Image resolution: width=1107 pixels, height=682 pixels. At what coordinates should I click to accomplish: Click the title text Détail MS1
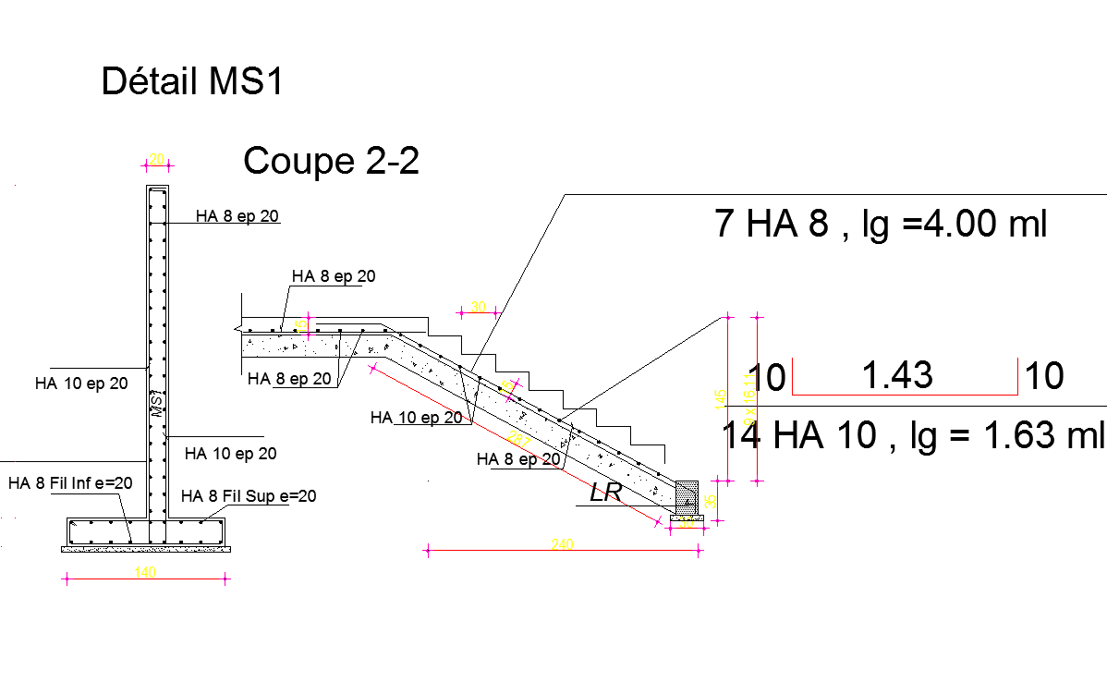click(x=191, y=81)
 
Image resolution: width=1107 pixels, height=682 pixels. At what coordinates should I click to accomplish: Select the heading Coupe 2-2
click(x=331, y=162)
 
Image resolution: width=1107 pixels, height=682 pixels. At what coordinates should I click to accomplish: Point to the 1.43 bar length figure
click(x=896, y=376)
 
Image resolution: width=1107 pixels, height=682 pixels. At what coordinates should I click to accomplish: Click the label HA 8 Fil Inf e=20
click(x=70, y=482)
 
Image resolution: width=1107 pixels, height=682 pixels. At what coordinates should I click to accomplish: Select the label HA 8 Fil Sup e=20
click(x=249, y=496)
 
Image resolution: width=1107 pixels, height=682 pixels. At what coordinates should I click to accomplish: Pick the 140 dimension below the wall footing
click(x=145, y=573)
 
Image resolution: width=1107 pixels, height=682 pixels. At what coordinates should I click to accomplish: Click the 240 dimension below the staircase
click(x=562, y=545)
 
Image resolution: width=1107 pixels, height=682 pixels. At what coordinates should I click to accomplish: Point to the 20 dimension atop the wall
click(x=157, y=159)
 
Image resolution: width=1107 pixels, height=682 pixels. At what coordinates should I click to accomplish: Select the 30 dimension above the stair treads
click(x=478, y=307)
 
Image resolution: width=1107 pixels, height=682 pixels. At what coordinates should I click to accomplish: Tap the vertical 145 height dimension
click(x=720, y=397)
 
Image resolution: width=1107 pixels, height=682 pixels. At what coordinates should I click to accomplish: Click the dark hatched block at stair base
click(x=687, y=495)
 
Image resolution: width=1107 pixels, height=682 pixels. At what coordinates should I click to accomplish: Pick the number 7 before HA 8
click(x=725, y=225)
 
